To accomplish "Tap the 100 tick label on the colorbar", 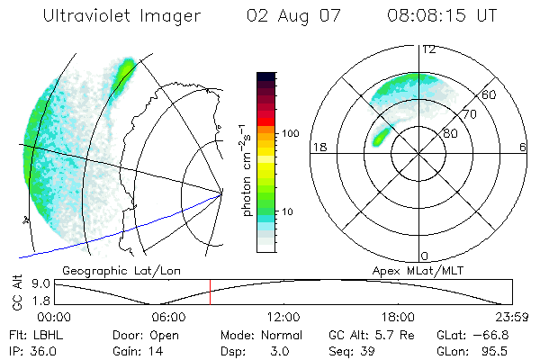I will [x=290, y=133].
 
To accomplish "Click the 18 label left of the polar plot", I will [x=318, y=148].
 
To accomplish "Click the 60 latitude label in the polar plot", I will [x=488, y=94].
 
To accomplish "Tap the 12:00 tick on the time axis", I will [x=283, y=317].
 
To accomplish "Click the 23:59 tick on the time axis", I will [x=511, y=317].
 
